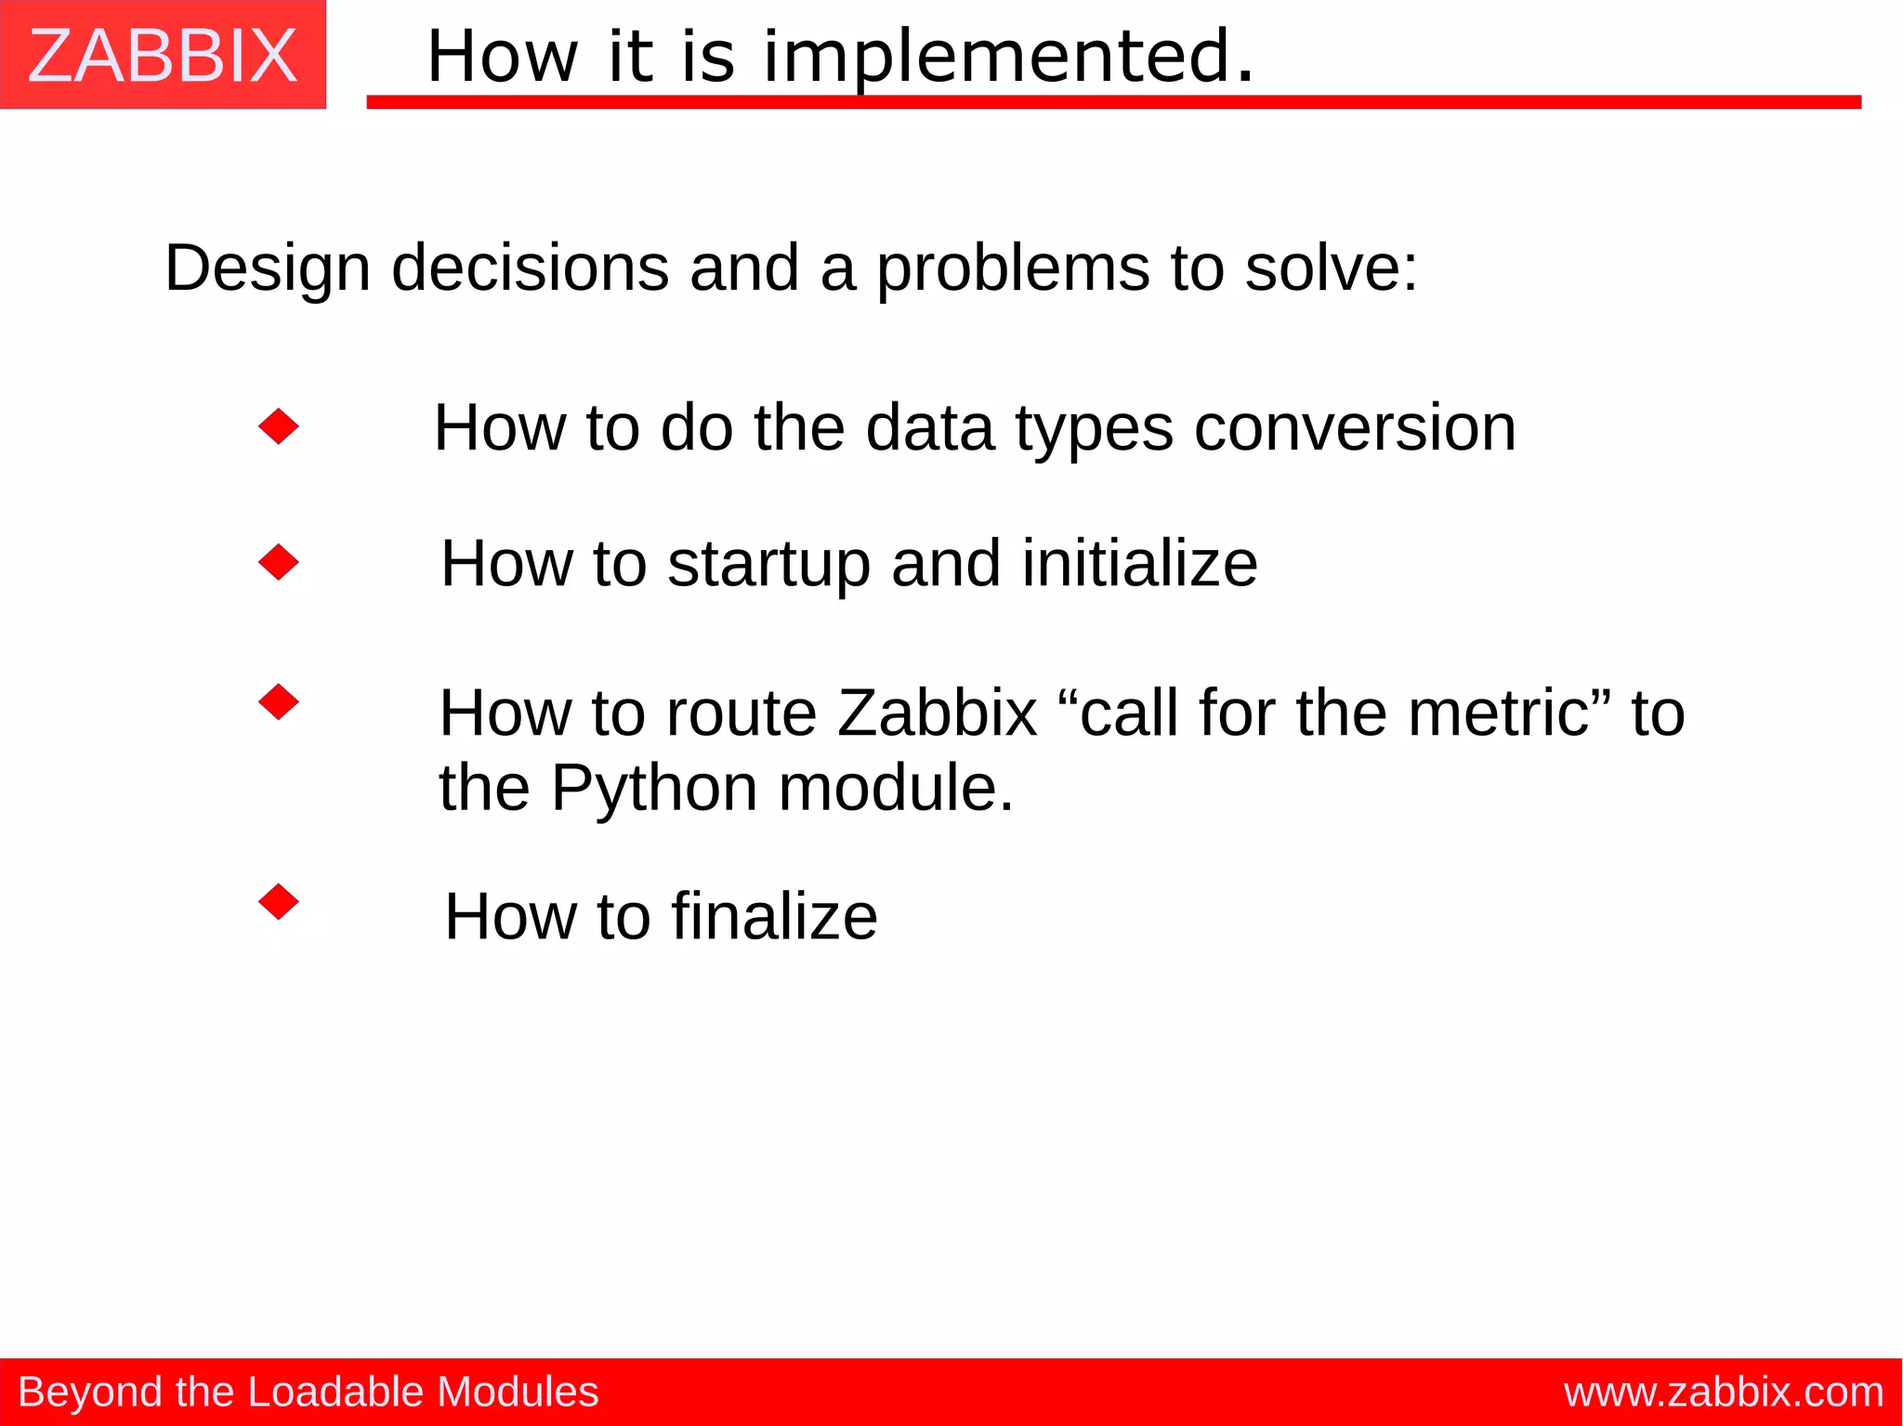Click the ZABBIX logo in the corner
163,56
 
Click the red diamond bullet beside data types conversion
279,427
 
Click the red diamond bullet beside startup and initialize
279,562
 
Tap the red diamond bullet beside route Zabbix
279,701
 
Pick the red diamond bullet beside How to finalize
279,901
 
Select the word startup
768,565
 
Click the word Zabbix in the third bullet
937,713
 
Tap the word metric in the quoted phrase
1498,713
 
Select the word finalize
774,917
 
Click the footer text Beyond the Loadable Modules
308,1392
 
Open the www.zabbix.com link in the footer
1723,1392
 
